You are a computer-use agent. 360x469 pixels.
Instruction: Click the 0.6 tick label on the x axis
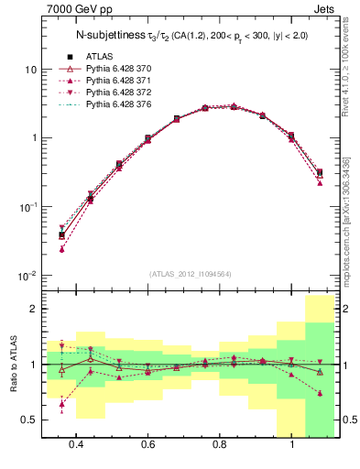click(x=147, y=444)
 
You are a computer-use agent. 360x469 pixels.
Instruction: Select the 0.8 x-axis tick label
click(x=220, y=444)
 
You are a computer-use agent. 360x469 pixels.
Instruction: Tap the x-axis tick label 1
click(x=292, y=444)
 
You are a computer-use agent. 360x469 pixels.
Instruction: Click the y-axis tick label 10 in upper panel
click(x=31, y=70)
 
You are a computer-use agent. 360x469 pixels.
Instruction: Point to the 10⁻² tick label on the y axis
click(x=29, y=275)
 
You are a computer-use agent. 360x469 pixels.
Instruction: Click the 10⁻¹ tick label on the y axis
click(x=29, y=206)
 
